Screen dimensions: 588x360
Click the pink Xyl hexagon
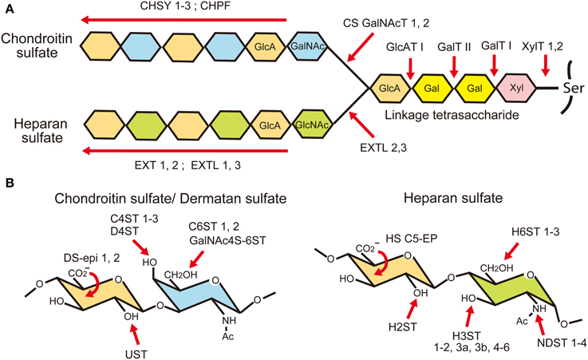point(516,88)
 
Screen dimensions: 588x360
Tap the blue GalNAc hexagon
point(307,46)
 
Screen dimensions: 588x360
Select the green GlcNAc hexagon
point(312,125)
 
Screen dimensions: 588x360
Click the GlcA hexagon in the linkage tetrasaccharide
point(390,88)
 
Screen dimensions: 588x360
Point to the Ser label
point(574,88)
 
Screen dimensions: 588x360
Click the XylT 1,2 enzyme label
point(542,46)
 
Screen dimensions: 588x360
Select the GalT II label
point(454,47)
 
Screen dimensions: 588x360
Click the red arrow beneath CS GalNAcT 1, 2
point(361,47)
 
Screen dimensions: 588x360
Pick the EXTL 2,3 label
point(383,148)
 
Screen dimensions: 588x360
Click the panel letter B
point(10,183)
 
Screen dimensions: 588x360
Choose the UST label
point(136,354)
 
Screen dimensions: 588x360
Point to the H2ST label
point(402,327)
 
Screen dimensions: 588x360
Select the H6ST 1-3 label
point(535,232)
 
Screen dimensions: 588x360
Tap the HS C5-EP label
point(412,238)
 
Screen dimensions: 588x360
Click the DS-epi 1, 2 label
point(93,259)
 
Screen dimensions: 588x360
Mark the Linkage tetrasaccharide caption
point(452,114)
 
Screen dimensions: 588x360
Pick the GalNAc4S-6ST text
point(227,239)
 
